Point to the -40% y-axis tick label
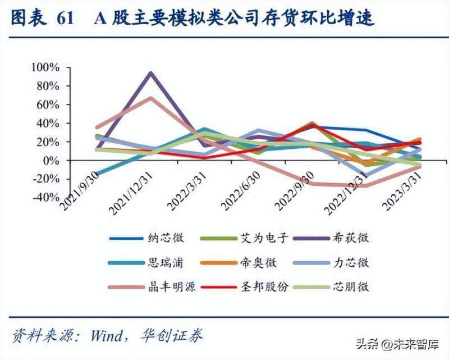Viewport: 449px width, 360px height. tap(45, 197)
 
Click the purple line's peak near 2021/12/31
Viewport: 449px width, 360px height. tap(150, 73)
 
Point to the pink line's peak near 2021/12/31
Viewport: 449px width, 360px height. tap(150, 98)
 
